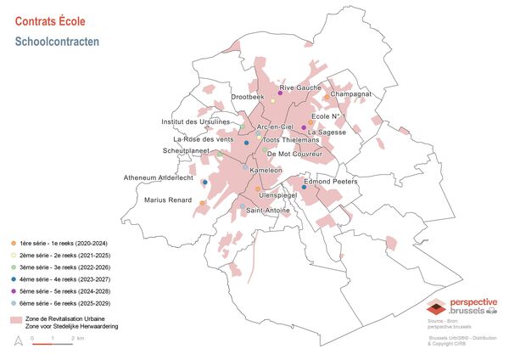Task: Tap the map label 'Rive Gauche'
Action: (300, 87)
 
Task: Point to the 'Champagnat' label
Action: (351, 93)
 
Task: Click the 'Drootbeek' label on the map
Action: (248, 98)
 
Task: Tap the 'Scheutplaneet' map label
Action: (186, 151)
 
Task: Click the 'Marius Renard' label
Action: (166, 200)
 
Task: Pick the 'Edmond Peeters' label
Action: (332, 182)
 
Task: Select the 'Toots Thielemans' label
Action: (291, 140)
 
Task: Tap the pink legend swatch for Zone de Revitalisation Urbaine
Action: (14, 319)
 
